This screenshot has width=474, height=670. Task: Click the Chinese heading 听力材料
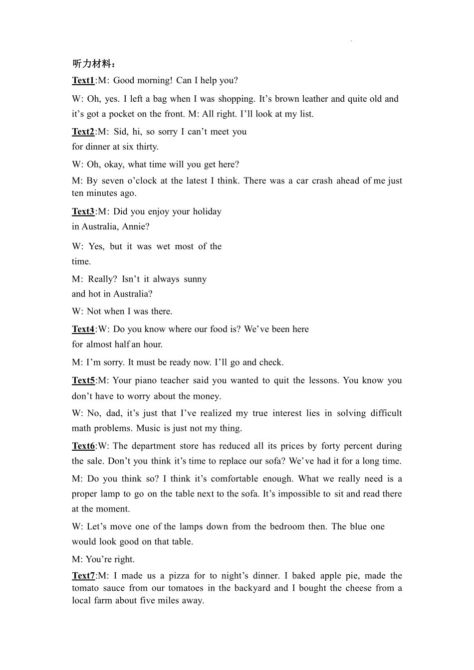tap(93, 64)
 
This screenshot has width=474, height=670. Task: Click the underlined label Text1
tap(83, 80)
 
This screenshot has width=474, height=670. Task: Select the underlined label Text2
tap(83, 132)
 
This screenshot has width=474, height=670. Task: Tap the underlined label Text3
tap(83, 211)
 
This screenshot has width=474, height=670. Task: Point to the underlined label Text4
tap(83, 329)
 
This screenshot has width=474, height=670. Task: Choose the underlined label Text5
tap(83, 380)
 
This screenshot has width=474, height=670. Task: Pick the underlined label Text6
tap(83, 446)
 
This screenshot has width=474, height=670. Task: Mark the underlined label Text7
tap(83, 576)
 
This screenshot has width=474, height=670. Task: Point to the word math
tap(81, 428)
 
